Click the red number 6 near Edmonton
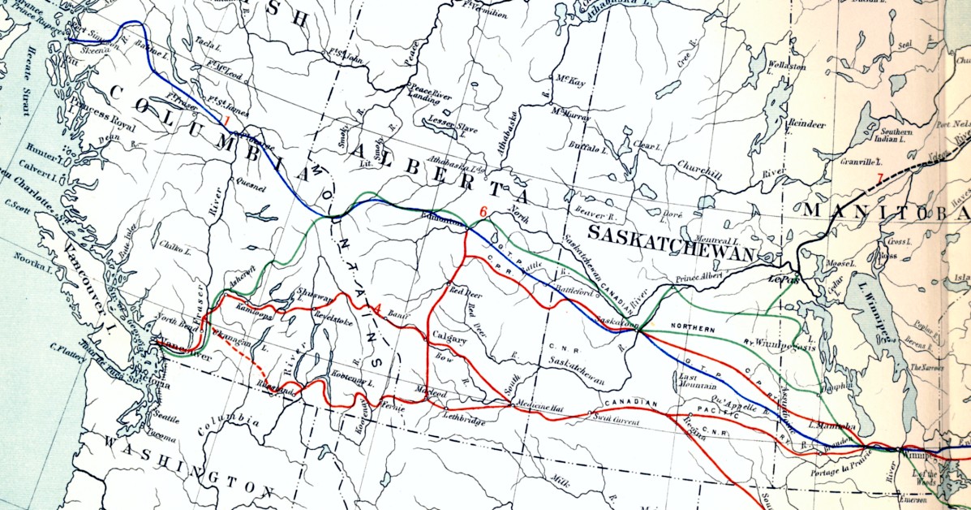pyautogui.click(x=483, y=213)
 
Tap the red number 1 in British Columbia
pyautogui.click(x=227, y=122)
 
